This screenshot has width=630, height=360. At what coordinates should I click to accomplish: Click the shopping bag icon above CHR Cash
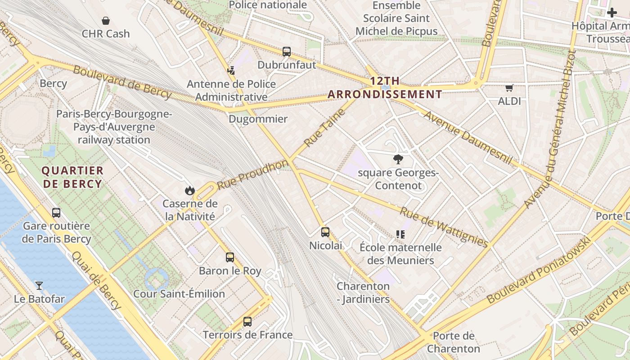[106, 21]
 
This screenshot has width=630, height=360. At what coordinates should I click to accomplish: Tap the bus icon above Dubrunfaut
[287, 52]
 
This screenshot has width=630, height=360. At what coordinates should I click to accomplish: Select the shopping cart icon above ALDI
[509, 88]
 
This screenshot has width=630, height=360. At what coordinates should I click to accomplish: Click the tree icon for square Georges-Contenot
[398, 159]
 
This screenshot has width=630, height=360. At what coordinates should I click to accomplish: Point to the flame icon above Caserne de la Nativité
[190, 190]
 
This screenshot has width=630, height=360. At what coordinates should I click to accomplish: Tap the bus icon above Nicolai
[325, 232]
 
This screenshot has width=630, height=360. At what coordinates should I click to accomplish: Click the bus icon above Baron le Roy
[230, 257]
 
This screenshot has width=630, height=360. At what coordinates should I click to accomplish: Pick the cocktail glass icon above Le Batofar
[39, 285]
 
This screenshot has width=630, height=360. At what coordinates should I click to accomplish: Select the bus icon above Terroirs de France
[247, 322]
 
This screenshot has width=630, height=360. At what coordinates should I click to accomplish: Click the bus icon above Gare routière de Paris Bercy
[56, 212]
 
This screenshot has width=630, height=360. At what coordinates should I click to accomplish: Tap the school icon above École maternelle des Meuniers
[400, 234]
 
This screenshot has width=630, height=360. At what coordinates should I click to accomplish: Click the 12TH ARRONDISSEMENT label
[385, 88]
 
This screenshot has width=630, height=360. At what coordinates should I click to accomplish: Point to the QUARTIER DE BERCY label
[72, 177]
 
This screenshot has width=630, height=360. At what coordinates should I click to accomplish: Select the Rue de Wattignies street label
[444, 227]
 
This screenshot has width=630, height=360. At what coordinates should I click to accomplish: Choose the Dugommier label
[258, 119]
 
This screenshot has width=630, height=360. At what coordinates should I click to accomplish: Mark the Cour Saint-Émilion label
[179, 294]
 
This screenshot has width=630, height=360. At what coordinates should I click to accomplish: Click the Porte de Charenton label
[454, 342]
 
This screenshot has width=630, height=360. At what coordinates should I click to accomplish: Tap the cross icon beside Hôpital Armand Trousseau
[612, 13]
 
